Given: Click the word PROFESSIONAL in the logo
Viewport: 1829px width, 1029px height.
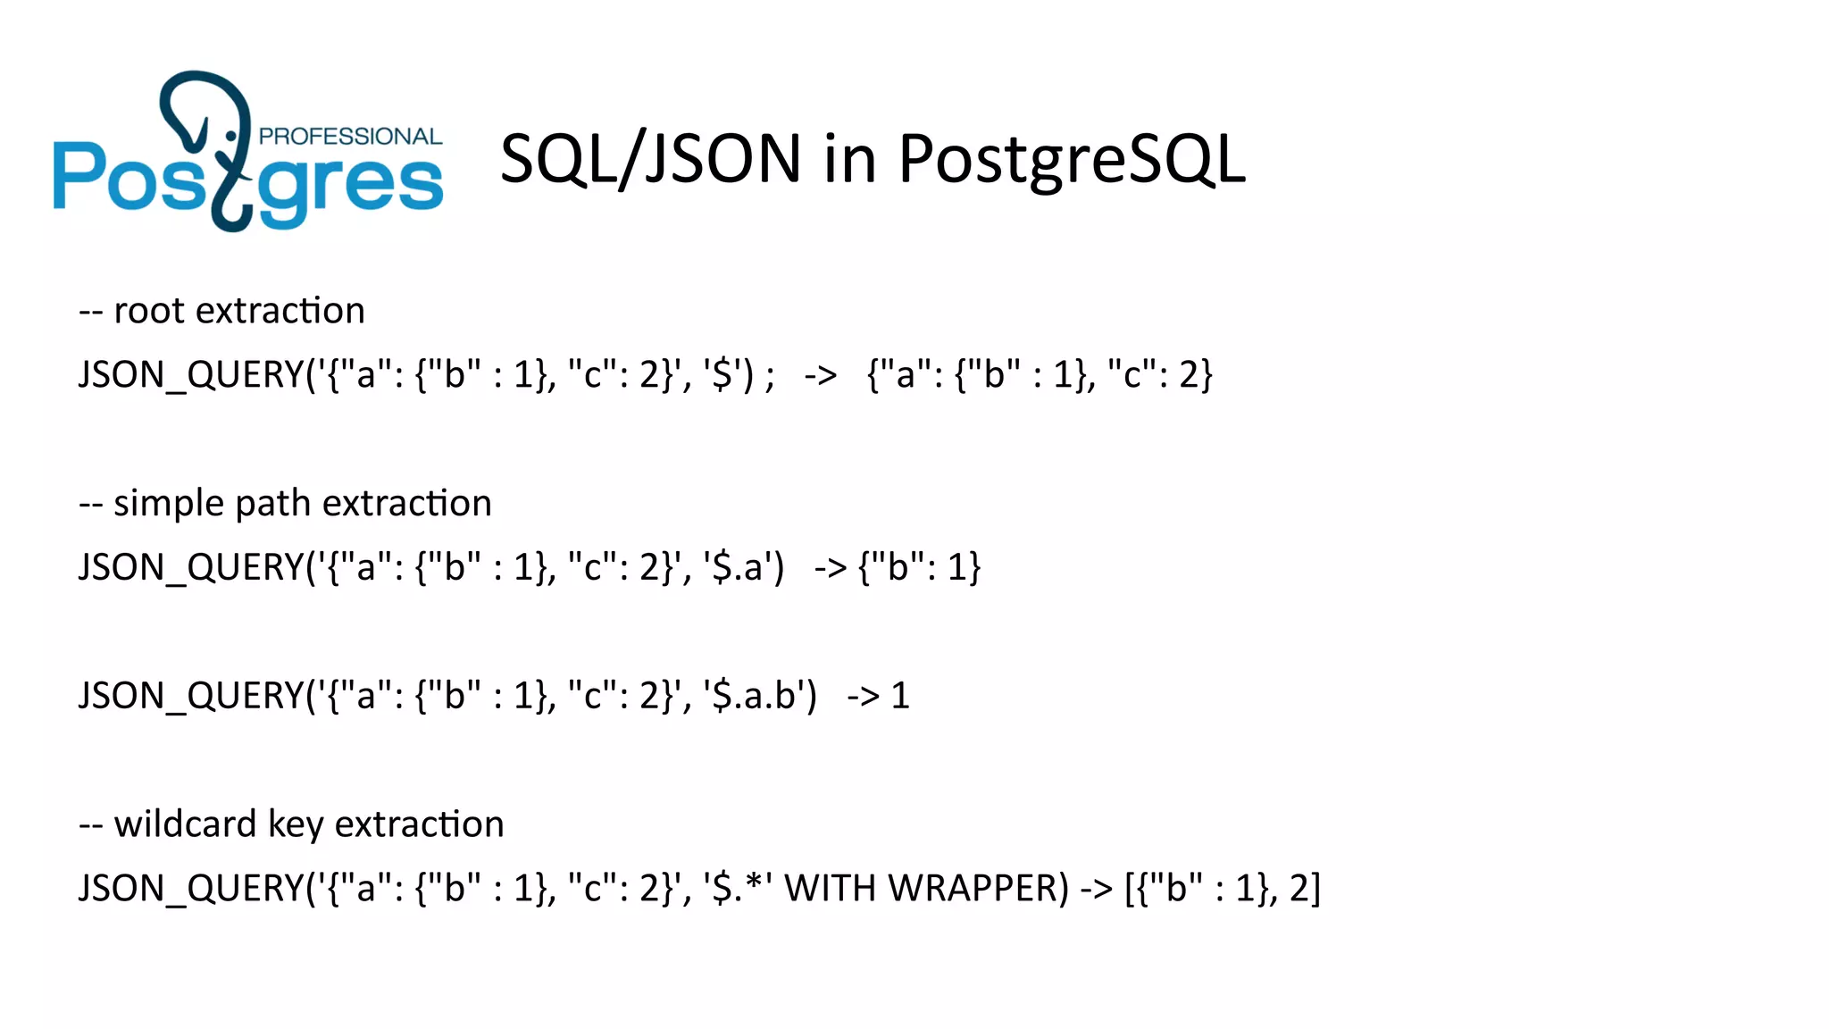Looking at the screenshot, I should pos(350,137).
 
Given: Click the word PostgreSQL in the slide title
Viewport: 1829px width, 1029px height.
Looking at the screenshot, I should pos(1071,160).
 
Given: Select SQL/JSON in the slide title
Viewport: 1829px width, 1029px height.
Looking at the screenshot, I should pos(650,160).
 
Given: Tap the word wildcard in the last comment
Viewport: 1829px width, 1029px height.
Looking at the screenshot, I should pos(185,824).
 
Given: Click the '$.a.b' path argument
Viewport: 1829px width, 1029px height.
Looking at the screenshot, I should pos(760,696).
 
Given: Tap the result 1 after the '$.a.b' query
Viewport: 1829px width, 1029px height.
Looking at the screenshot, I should pos(900,696).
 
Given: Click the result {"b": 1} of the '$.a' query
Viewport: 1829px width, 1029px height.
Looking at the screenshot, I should pos(919,567).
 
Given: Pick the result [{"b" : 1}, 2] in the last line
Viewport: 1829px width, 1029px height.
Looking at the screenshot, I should pos(1223,889).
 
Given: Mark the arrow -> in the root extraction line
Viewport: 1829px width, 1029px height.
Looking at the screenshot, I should pos(820,375).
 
